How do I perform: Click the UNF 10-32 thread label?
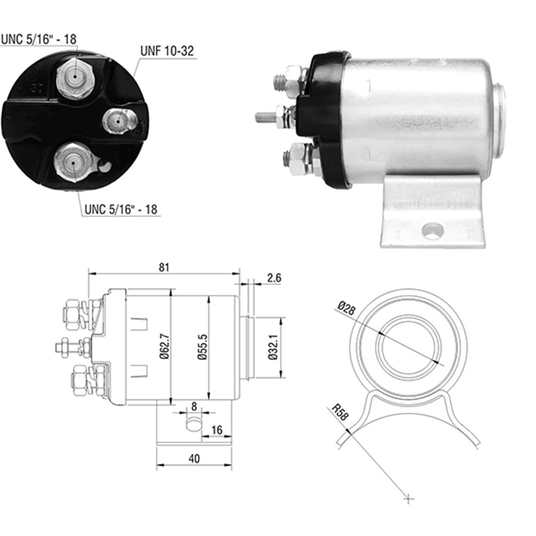click(x=167, y=51)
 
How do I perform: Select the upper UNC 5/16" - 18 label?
click(x=38, y=39)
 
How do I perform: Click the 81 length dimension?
click(x=164, y=266)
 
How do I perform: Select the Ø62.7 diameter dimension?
click(x=165, y=349)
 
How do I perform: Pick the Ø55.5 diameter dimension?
click(x=203, y=349)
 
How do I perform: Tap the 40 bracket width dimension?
click(x=194, y=458)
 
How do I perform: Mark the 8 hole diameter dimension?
click(x=193, y=406)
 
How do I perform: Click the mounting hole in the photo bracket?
click(x=432, y=230)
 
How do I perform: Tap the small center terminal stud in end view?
click(x=117, y=121)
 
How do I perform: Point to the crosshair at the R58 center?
click(x=408, y=499)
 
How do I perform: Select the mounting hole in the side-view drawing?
click(x=193, y=423)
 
